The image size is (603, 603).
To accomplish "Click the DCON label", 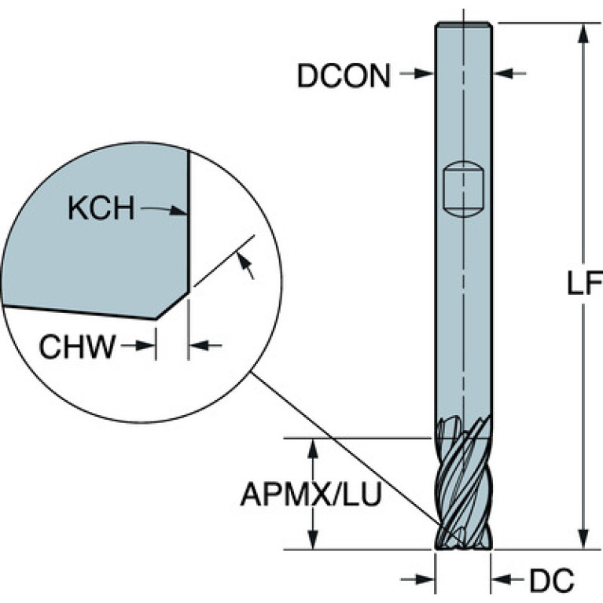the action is [x=344, y=75].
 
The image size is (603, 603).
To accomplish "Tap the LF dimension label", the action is [x=584, y=283].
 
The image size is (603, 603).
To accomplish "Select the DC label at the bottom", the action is [x=551, y=580].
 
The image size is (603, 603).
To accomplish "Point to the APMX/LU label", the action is [x=311, y=495].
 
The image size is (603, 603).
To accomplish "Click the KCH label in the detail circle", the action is [x=101, y=208].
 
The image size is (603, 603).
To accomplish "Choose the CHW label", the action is [x=77, y=347].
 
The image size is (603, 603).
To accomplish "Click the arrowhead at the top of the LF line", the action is [x=584, y=34].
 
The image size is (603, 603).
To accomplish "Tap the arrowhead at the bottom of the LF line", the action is [x=584, y=539].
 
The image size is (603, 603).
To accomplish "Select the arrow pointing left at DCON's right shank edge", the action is [x=509, y=73].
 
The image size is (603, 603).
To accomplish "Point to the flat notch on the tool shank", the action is [x=463, y=189].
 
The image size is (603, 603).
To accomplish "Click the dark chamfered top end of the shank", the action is [x=463, y=25].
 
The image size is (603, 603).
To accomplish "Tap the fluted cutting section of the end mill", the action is [x=463, y=483].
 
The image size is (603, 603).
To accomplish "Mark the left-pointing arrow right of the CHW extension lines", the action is [x=206, y=346].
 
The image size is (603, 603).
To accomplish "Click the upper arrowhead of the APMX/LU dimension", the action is [x=314, y=448].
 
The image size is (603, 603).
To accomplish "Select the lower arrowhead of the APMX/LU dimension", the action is [x=314, y=539].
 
